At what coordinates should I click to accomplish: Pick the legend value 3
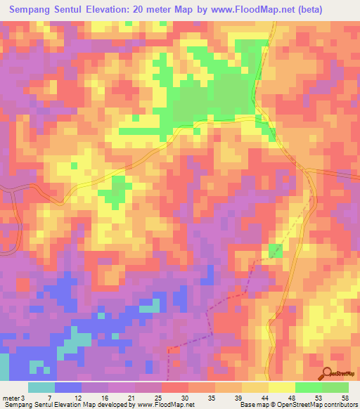tap(22, 397)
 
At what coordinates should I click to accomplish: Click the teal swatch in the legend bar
tap(41, 387)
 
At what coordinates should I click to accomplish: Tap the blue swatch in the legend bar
tap(68, 387)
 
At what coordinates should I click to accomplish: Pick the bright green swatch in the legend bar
tap(309, 387)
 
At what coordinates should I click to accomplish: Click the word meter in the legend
tap(11, 397)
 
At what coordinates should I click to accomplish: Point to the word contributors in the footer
tap(337, 405)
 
